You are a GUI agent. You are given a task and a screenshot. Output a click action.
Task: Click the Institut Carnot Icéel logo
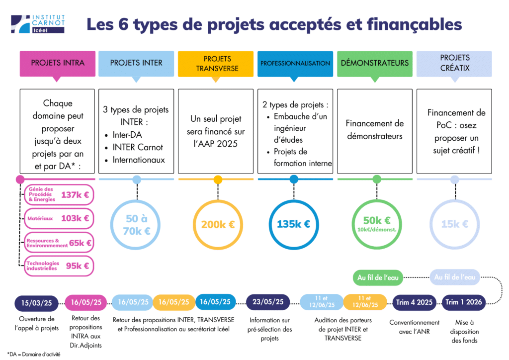pos(38,24)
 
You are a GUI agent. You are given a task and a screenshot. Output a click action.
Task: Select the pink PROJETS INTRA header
pos(58,64)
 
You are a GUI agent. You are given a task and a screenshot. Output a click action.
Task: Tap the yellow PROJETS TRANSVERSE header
pos(216,64)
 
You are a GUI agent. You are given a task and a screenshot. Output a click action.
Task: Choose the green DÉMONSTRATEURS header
pos(375,64)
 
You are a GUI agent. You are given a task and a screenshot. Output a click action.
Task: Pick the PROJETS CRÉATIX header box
pos(454,64)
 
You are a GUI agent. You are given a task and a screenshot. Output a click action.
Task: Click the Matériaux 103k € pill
pos(59,218)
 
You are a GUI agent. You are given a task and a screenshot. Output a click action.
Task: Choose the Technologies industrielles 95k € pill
pos(59,266)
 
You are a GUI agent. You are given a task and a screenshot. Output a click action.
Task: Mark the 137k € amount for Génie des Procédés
pos(75,195)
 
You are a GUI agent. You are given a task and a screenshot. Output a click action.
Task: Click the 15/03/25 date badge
pos(36,303)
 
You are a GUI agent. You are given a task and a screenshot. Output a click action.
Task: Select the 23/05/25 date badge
pos(268,302)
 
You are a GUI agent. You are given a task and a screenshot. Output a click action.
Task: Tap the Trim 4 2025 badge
pos(414,302)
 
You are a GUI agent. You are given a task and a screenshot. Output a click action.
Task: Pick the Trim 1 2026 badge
pos(464,302)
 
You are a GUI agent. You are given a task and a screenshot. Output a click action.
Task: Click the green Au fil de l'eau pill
pos(378,278)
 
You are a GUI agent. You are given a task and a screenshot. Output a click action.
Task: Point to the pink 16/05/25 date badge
pos(86,302)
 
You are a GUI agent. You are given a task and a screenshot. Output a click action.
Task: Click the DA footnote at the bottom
pos(34,354)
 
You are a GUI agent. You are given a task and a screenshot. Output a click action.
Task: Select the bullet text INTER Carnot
pos(138,147)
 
